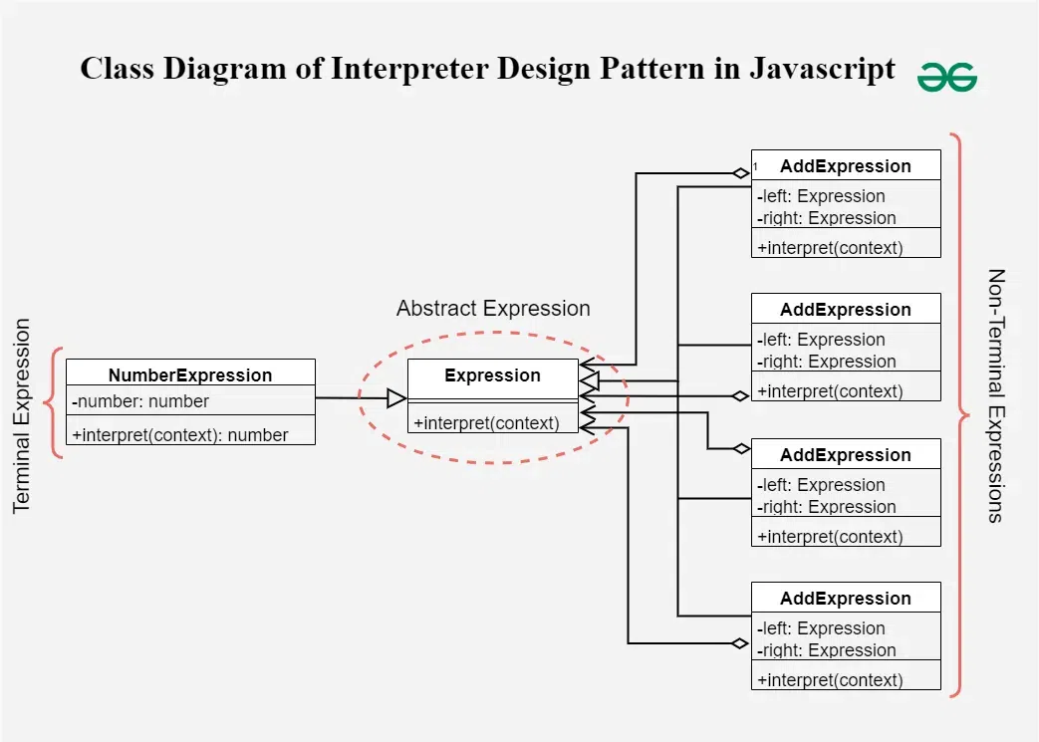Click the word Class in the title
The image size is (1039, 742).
click(118, 69)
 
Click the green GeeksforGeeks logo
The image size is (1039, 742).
click(947, 77)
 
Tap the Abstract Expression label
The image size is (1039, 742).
click(493, 308)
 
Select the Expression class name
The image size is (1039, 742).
click(492, 374)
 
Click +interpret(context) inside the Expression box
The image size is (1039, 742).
click(486, 422)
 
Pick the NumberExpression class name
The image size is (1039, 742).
click(190, 374)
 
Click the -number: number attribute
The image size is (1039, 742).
click(140, 401)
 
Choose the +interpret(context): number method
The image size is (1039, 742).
click(180, 434)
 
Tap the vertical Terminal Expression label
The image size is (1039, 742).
click(21, 415)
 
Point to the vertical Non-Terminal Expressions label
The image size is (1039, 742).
click(996, 395)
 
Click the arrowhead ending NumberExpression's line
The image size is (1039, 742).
click(396, 398)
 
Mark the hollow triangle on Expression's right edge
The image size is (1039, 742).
click(590, 380)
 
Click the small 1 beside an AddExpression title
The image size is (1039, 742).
click(755, 167)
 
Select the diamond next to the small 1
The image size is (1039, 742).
click(741, 173)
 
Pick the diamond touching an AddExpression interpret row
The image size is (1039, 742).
click(741, 396)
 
